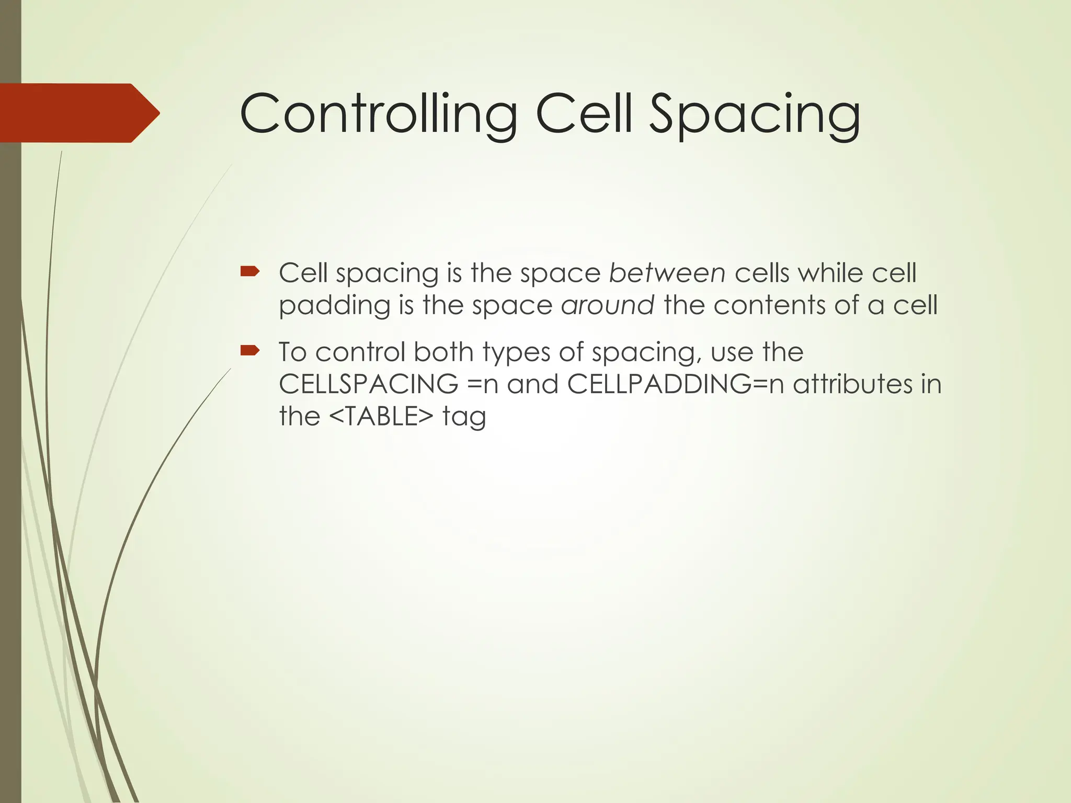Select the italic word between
click(667, 273)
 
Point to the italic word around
click(607, 305)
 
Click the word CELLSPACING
click(369, 384)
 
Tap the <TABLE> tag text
click(382, 417)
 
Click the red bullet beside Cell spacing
click(249, 271)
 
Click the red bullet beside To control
click(249, 350)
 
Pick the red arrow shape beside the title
click(78, 113)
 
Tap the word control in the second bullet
click(360, 352)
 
